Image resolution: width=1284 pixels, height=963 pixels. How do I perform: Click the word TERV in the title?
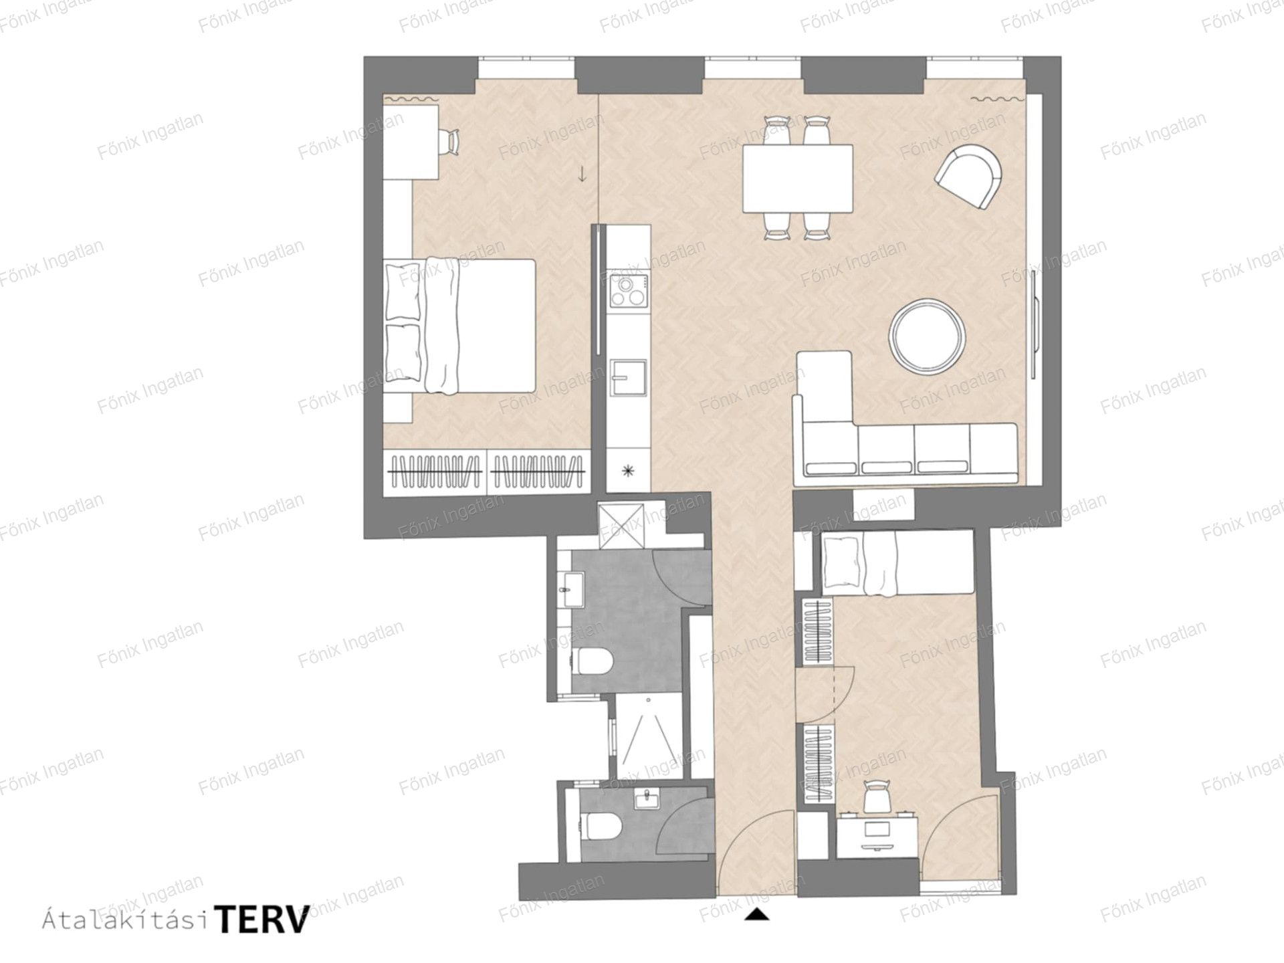(x=263, y=920)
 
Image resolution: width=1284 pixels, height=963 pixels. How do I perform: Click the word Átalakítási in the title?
(x=125, y=920)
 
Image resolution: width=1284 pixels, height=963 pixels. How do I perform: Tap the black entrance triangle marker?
(x=756, y=914)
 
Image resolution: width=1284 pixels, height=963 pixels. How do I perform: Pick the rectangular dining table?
(x=798, y=179)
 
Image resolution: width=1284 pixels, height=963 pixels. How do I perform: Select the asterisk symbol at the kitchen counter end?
(x=628, y=471)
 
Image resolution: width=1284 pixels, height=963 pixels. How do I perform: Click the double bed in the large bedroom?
(x=461, y=326)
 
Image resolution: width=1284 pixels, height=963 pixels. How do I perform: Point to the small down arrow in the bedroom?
(x=582, y=174)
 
